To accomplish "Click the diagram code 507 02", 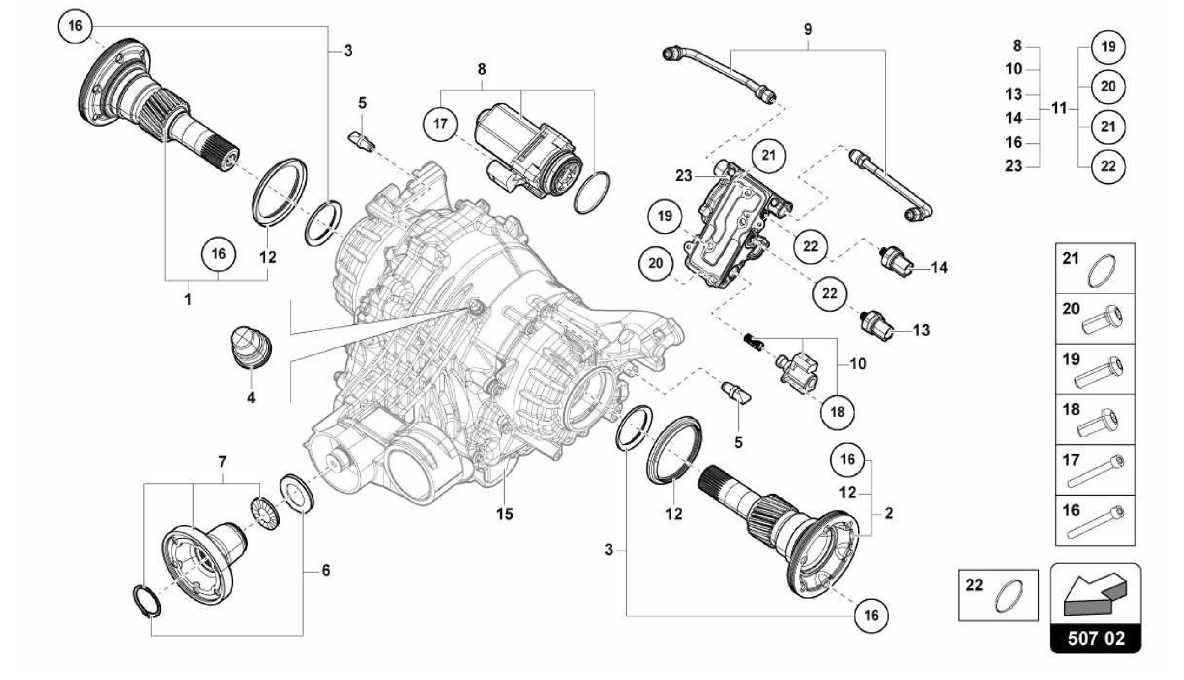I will [x=1096, y=638].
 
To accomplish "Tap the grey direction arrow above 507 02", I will [x=1094, y=594].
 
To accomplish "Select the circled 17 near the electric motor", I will [x=441, y=124].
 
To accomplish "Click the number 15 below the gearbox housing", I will [x=505, y=514].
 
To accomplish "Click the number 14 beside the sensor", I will [x=939, y=267].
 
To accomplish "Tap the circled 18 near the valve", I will [x=837, y=412].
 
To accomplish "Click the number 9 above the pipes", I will [x=808, y=29].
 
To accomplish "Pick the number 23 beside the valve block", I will [x=683, y=175].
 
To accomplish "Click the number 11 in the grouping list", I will [x=1059, y=108].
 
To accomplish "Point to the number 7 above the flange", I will [x=222, y=462].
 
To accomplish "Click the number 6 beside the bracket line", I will [x=325, y=570].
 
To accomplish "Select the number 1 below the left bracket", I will [x=187, y=300].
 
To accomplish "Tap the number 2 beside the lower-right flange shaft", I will [x=889, y=512].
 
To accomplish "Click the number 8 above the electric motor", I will [x=482, y=69].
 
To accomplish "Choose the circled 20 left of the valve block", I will [x=656, y=263].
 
